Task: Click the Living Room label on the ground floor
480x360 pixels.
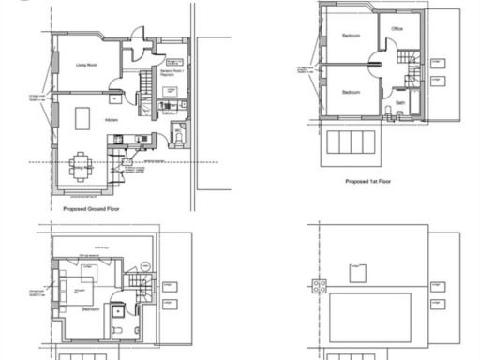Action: click(x=87, y=65)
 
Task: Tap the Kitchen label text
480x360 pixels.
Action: click(x=111, y=121)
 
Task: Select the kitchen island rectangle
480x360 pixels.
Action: click(x=82, y=119)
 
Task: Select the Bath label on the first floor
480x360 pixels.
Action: click(x=400, y=102)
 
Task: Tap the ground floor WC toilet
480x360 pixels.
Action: click(x=179, y=138)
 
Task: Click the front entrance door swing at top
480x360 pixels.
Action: click(x=137, y=36)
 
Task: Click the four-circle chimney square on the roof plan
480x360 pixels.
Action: click(x=319, y=286)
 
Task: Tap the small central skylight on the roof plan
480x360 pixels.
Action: click(x=357, y=272)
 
